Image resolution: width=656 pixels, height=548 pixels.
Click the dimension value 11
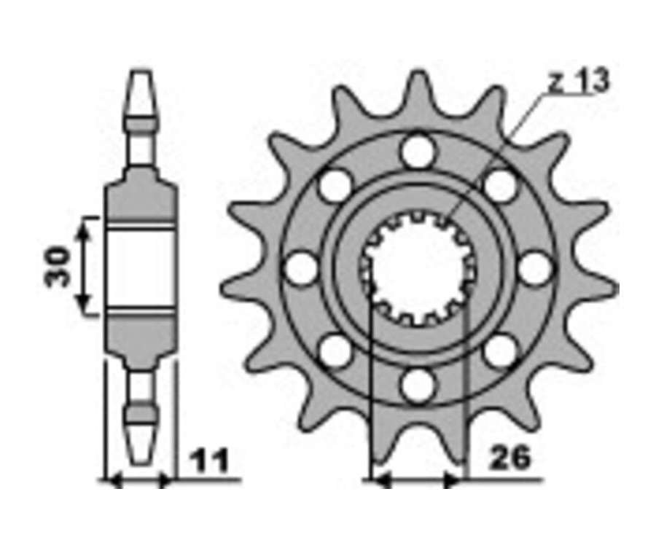[209, 460]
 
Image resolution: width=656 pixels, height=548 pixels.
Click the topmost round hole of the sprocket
[418, 152]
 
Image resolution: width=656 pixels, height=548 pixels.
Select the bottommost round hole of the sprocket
[418, 385]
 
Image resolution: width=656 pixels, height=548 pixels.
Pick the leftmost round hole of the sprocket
[301, 269]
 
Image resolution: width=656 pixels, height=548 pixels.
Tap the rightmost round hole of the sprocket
[535, 269]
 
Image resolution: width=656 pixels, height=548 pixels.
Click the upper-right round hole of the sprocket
[500, 186]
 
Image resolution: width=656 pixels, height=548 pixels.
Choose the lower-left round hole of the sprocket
[335, 351]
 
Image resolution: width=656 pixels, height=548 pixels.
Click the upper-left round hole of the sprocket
[335, 186]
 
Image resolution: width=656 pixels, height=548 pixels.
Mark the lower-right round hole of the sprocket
[500, 351]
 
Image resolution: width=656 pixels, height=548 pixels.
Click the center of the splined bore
[418, 269]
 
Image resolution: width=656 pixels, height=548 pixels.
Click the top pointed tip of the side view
[141, 73]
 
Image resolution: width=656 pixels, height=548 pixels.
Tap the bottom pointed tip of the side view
[141, 461]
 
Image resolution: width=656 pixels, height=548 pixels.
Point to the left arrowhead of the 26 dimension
[378, 480]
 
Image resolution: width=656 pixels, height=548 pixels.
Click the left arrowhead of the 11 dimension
[112, 480]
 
